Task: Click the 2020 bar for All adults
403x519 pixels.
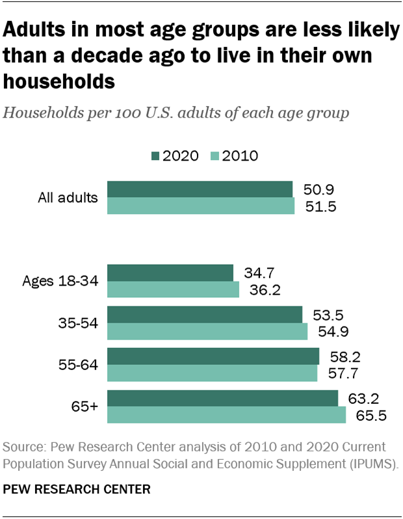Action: pos(200,189)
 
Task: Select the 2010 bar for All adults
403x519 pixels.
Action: pos(201,206)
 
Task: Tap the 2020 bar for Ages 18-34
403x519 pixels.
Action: pos(170,273)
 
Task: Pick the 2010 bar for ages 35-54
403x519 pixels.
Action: pos(207,331)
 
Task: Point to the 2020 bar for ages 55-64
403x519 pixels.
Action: pos(213,356)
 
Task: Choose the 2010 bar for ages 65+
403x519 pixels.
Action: pos(226,415)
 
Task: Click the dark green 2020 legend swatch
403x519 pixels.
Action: pos(155,156)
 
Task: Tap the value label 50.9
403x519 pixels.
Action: pos(318,190)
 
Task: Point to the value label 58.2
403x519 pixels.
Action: pos(345,356)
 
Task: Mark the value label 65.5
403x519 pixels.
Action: pos(371,415)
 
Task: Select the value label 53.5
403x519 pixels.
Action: pos(328,315)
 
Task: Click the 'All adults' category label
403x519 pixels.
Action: pos(68,198)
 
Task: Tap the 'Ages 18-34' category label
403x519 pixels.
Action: pos(60,281)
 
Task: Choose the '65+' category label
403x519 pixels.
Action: pos(84,406)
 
